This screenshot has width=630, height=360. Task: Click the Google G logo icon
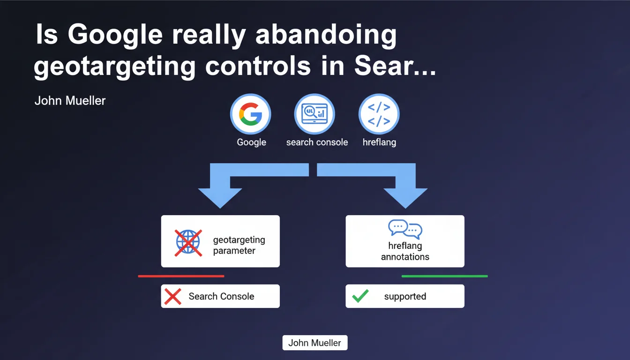(250, 114)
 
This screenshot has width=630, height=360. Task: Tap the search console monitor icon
(315, 113)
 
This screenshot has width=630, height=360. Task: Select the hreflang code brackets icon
(379, 114)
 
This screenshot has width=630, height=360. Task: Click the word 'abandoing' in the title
(326, 35)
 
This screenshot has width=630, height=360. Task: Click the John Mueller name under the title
(70, 101)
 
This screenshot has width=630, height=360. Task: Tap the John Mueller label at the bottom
(315, 343)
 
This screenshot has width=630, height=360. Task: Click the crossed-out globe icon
(188, 243)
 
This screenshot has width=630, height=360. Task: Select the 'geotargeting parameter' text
(239, 245)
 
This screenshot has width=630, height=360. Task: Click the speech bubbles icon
(405, 229)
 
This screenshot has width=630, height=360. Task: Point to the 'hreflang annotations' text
(405, 251)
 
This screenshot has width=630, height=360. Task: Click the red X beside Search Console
(172, 296)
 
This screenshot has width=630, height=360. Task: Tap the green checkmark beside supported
(360, 296)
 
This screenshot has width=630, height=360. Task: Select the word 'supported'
(405, 296)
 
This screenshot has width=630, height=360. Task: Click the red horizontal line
(181, 276)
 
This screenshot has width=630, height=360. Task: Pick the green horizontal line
(445, 276)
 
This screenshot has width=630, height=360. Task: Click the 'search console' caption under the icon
(317, 142)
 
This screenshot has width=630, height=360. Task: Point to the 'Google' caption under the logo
(251, 142)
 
